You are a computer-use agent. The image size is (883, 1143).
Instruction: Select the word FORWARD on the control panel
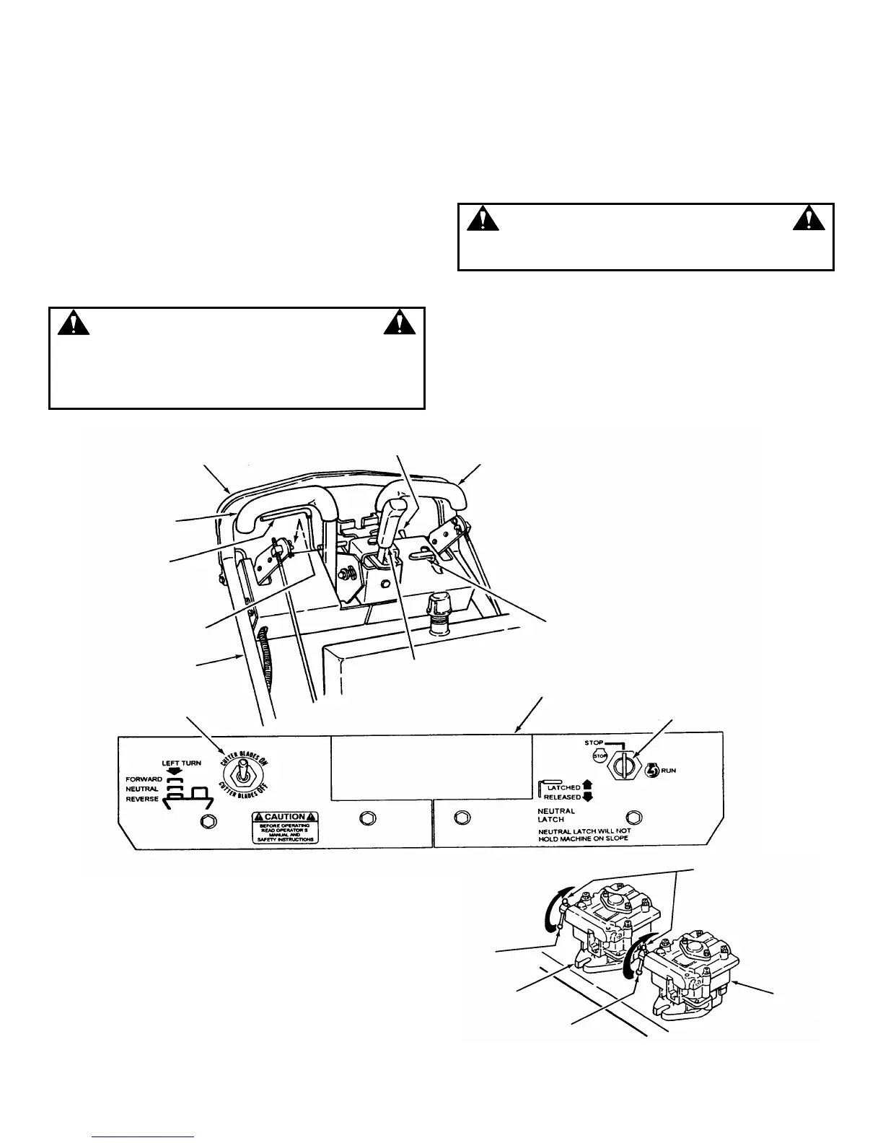coord(143,779)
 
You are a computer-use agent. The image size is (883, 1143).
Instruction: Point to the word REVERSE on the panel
coord(142,799)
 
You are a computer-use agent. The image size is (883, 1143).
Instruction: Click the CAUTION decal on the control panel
coord(284,827)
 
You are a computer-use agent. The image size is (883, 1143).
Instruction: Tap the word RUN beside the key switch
coord(669,771)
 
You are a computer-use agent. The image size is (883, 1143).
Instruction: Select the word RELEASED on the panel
coord(563,797)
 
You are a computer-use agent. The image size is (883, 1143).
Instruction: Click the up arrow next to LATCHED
coord(587,786)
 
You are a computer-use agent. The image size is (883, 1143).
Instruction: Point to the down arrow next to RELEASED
coord(587,797)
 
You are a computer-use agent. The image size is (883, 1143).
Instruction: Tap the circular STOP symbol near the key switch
coord(599,756)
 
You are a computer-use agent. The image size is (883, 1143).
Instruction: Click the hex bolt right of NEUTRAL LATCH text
coord(633,817)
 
